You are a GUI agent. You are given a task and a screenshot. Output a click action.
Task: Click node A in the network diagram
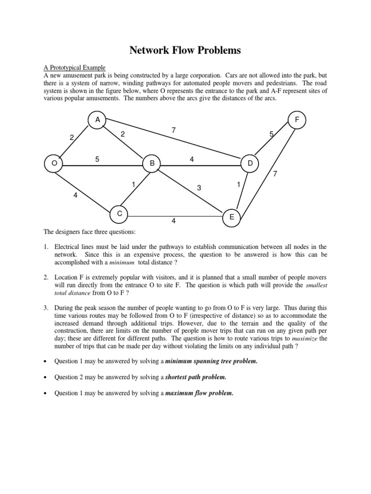(98, 119)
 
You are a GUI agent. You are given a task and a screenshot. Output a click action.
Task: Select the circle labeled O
(54, 164)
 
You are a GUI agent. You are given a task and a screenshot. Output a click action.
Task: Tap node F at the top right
(297, 120)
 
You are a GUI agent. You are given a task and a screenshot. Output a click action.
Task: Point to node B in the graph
(152, 164)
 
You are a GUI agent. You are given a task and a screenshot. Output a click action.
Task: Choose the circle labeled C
(119, 213)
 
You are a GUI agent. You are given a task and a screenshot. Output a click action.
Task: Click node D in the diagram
(250, 164)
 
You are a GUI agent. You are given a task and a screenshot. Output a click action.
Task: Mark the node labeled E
(231, 218)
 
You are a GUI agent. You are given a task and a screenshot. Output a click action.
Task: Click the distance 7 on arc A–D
(173, 130)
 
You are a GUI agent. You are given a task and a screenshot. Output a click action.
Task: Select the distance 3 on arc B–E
(199, 187)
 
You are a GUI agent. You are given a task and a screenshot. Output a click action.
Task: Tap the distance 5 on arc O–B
(98, 158)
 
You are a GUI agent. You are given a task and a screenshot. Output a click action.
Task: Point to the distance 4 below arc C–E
(173, 221)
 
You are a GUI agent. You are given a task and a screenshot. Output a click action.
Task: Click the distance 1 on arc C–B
(133, 184)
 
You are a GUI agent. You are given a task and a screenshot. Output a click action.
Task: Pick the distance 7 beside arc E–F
(275, 174)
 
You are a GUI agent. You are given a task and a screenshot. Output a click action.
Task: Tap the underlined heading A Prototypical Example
(74, 68)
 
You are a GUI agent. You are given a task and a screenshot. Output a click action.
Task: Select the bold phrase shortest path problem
(196, 377)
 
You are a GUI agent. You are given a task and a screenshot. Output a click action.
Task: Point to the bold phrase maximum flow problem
(199, 393)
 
